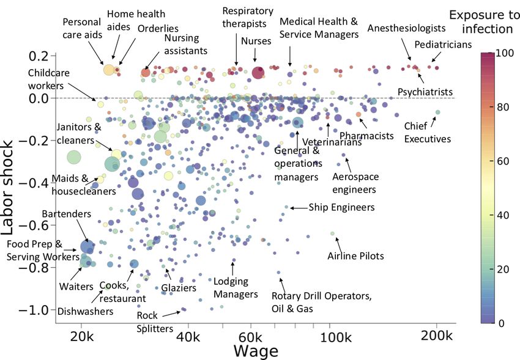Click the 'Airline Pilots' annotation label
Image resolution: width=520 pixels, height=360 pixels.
(355, 256)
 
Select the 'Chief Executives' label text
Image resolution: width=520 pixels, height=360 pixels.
(427, 133)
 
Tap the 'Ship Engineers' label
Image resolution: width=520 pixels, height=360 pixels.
(341, 208)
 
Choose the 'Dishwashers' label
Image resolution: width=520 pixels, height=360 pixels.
(86, 311)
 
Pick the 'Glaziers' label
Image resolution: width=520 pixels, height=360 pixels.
(179, 288)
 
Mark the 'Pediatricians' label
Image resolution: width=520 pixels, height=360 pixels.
(443, 45)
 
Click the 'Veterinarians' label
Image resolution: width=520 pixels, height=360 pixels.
(332, 142)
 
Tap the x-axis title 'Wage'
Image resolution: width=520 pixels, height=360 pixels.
(256, 351)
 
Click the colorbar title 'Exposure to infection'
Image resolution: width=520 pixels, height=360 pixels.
(484, 21)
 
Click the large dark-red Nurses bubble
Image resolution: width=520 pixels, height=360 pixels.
(258, 73)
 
